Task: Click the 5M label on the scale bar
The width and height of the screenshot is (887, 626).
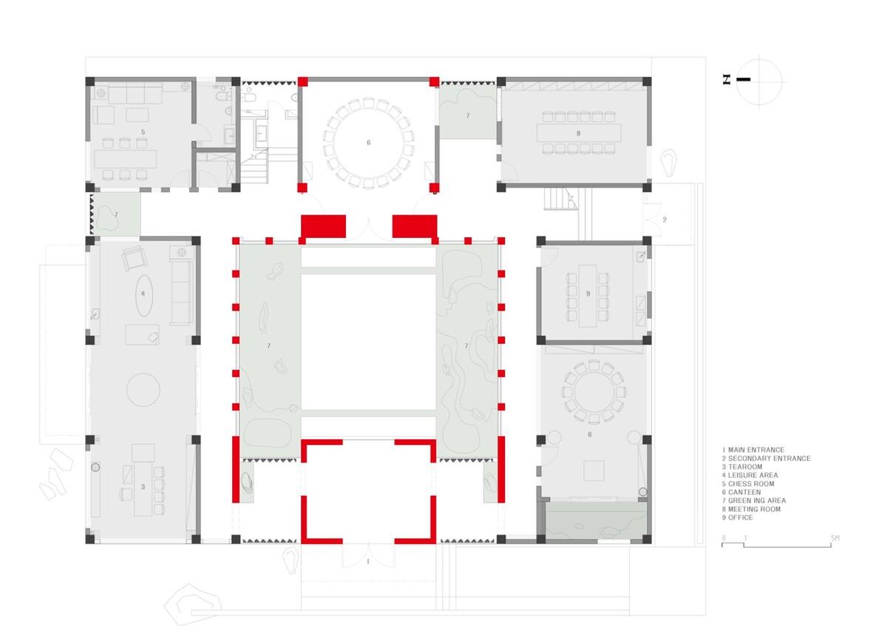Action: [x=835, y=538]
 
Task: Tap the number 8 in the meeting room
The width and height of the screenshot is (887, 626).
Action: [x=578, y=133]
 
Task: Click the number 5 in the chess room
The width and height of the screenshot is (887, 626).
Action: [x=143, y=132]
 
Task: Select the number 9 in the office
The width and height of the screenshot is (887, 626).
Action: [x=588, y=293]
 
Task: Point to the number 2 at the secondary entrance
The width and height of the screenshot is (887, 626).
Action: [x=664, y=220]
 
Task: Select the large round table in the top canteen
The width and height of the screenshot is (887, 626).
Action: [x=367, y=142]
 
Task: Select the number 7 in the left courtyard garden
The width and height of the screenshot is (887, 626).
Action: [x=268, y=345]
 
